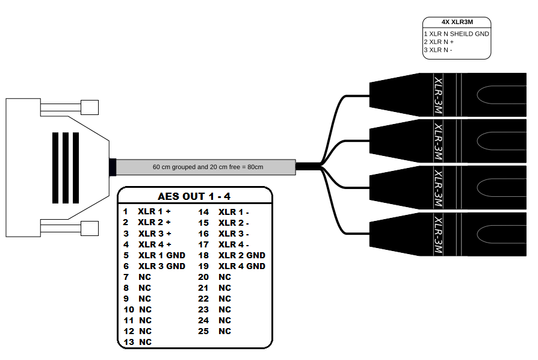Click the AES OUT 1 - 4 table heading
point(194,196)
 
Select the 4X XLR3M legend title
point(457,23)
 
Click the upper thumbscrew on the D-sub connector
point(90,108)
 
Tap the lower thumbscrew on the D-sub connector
point(90,228)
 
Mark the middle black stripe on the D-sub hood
point(65,167)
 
